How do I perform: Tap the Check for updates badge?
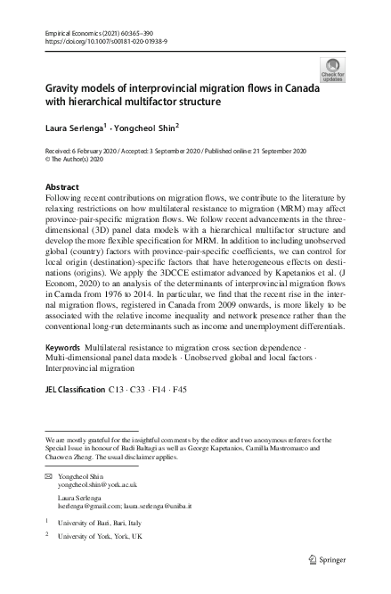332,70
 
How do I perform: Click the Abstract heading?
61,187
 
